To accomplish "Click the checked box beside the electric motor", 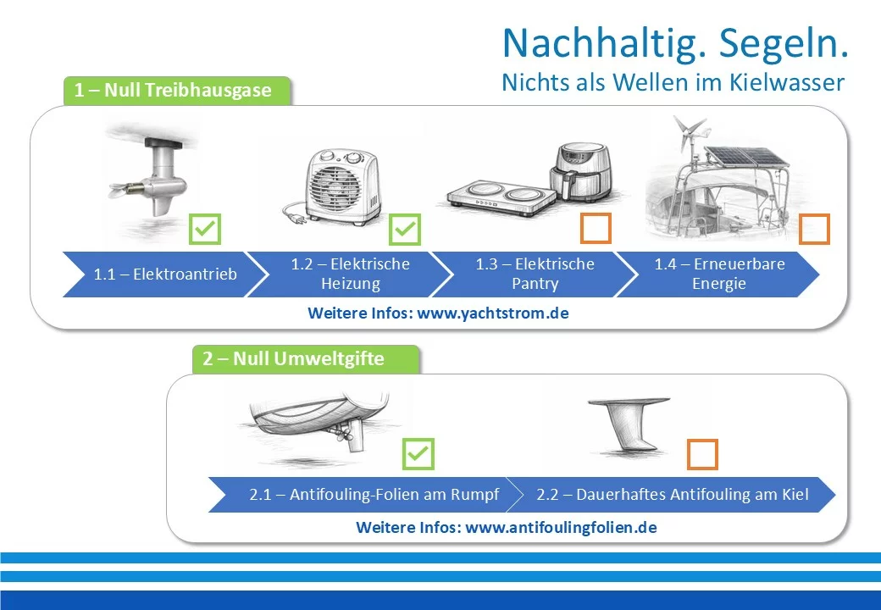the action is (205, 229).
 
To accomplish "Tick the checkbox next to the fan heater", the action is (405, 229).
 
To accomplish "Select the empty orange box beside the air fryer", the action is (596, 228).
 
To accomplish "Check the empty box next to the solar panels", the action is (814, 229).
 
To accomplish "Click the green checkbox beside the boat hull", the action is (418, 454).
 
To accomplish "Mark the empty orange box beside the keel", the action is (702, 454).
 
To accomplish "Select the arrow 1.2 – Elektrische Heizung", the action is (350, 274).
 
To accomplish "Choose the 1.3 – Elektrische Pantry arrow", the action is (535, 274).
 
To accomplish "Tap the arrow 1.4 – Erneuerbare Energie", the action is (719, 274).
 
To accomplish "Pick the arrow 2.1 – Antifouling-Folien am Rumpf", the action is (366, 494).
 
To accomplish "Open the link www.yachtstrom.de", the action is (493, 313).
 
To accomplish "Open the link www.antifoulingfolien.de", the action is (562, 528).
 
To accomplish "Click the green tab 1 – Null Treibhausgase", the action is (177, 91).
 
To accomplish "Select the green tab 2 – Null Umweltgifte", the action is (306, 359).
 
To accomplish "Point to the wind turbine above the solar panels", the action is (691, 132).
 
